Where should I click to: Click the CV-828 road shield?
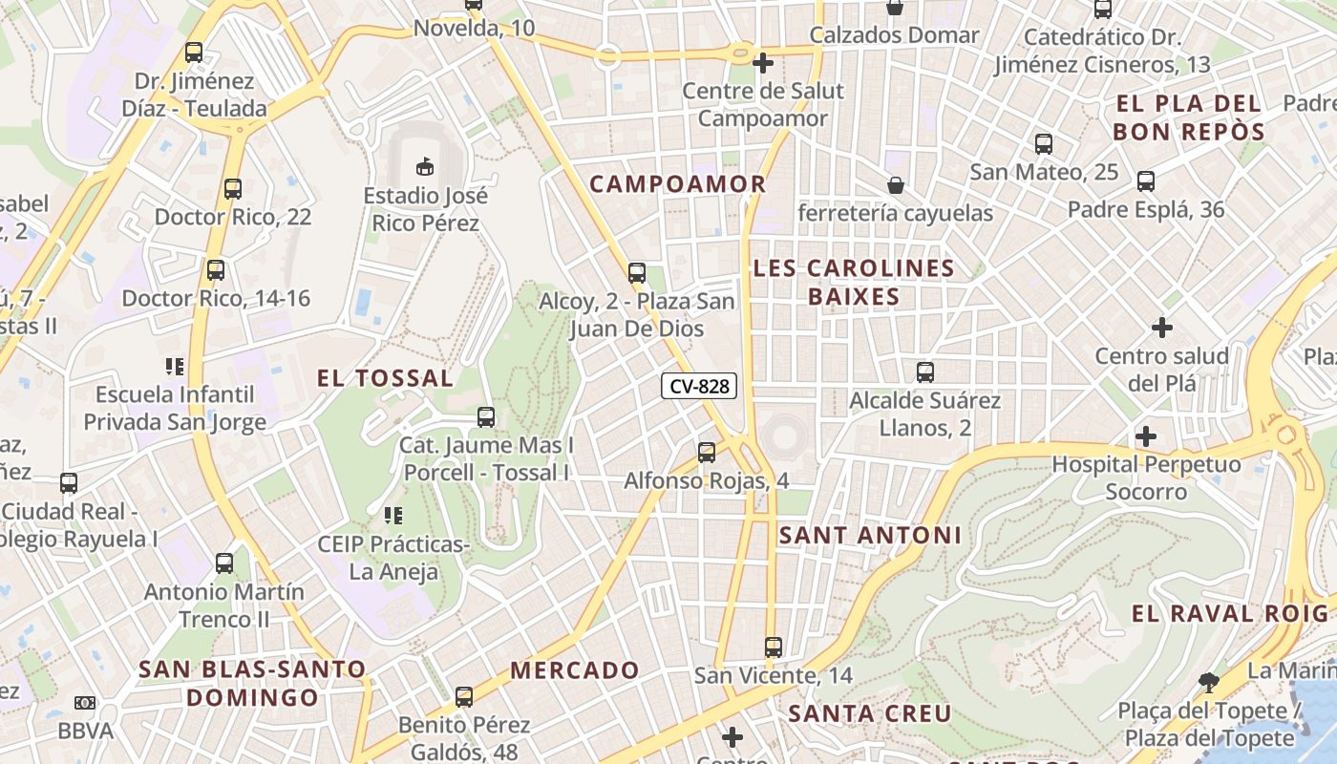tap(699, 386)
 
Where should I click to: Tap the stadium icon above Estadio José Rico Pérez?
tap(425, 167)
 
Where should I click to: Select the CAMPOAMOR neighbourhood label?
tap(678, 184)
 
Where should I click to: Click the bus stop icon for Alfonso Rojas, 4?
tap(707, 453)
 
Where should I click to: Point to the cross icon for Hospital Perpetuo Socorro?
tap(1146, 437)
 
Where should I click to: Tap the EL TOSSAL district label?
tap(386, 378)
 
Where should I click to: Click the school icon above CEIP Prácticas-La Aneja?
tap(393, 516)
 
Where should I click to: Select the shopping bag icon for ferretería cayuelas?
tap(896, 184)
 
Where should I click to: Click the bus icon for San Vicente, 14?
tap(774, 647)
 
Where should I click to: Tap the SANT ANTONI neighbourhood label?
tap(870, 536)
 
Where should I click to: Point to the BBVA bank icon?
tap(85, 704)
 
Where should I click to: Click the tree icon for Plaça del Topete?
tap(1209, 683)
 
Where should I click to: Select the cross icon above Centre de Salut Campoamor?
tap(762, 63)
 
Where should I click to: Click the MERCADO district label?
tap(574, 670)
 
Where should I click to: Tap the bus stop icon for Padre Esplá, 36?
tap(1146, 181)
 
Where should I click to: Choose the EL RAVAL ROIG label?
tap(1229, 614)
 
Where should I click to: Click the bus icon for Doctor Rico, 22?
tap(233, 189)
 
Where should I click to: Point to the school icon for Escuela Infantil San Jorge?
tap(175, 366)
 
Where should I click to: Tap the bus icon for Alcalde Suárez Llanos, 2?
tap(924, 372)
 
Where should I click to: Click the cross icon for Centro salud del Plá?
tap(1162, 328)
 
